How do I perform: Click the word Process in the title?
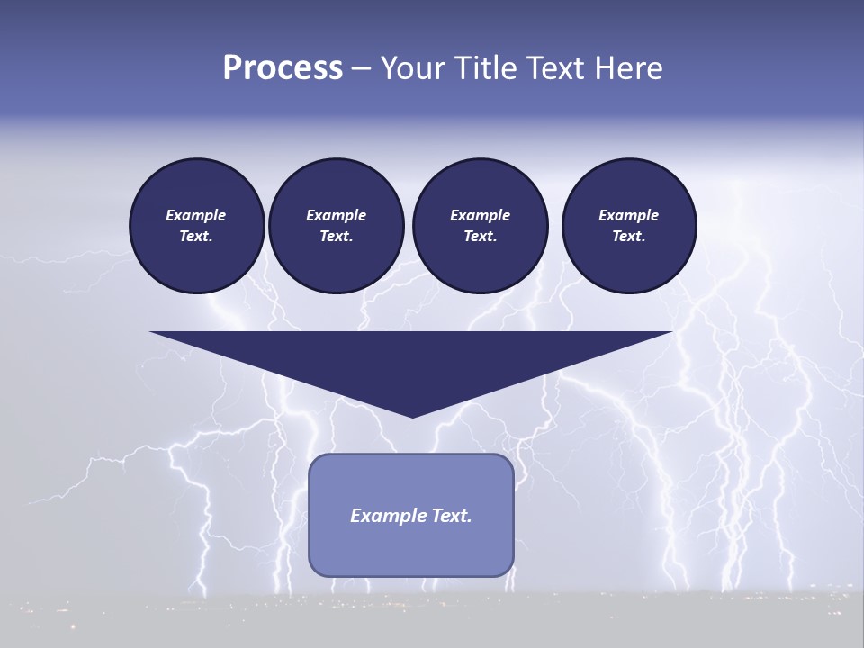pyautogui.click(x=283, y=68)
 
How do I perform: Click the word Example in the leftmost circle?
pyautogui.click(x=196, y=215)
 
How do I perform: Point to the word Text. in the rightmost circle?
pyautogui.click(x=628, y=236)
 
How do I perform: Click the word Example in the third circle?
pyautogui.click(x=480, y=215)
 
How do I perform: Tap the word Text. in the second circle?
pyautogui.click(x=336, y=236)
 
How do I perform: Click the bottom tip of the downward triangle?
pyautogui.click(x=412, y=415)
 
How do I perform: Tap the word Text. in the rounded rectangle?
pyautogui.click(x=453, y=516)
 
